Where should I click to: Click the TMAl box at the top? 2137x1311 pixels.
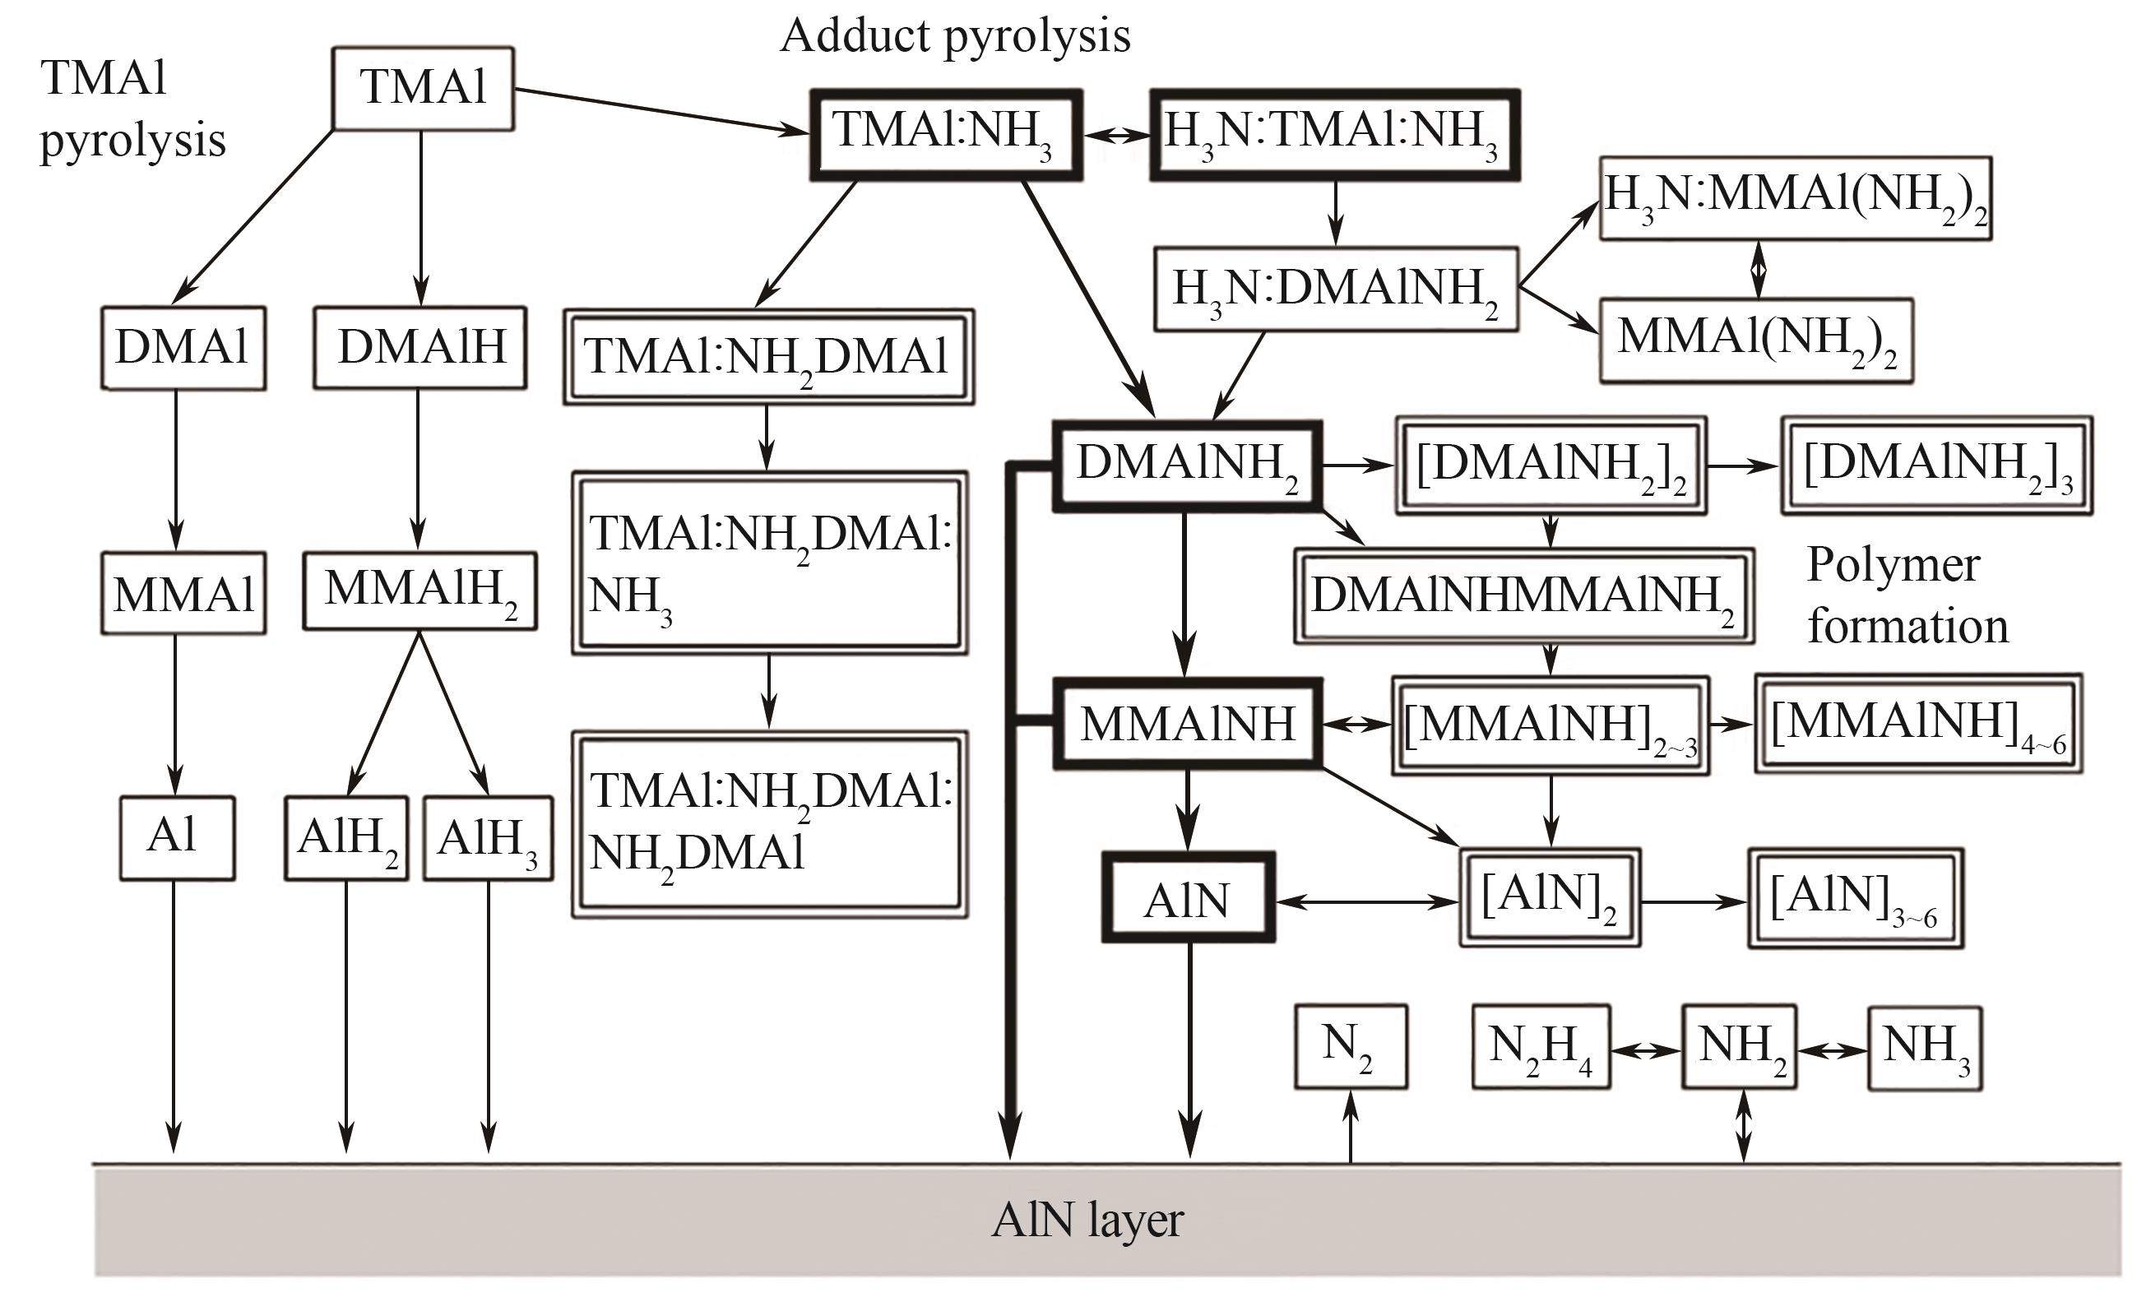click(422, 87)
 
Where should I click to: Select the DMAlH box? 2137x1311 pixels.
click(420, 347)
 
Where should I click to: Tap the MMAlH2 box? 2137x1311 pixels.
click(420, 591)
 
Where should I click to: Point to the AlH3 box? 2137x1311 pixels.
click(488, 837)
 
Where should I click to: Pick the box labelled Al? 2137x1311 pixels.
click(176, 837)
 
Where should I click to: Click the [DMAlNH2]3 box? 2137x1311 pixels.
click(1935, 466)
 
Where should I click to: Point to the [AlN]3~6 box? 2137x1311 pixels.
click(1854, 898)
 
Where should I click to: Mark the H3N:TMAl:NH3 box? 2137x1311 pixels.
click(1334, 134)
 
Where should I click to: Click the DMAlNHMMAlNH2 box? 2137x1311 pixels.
click(1523, 595)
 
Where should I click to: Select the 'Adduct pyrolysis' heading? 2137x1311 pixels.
click(955, 36)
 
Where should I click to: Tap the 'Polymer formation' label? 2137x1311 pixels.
click(1907, 595)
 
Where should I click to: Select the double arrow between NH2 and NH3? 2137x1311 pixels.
click(1832, 1051)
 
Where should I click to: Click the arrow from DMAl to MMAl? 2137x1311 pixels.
click(176, 468)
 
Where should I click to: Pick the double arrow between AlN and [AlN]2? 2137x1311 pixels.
click(1367, 902)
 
